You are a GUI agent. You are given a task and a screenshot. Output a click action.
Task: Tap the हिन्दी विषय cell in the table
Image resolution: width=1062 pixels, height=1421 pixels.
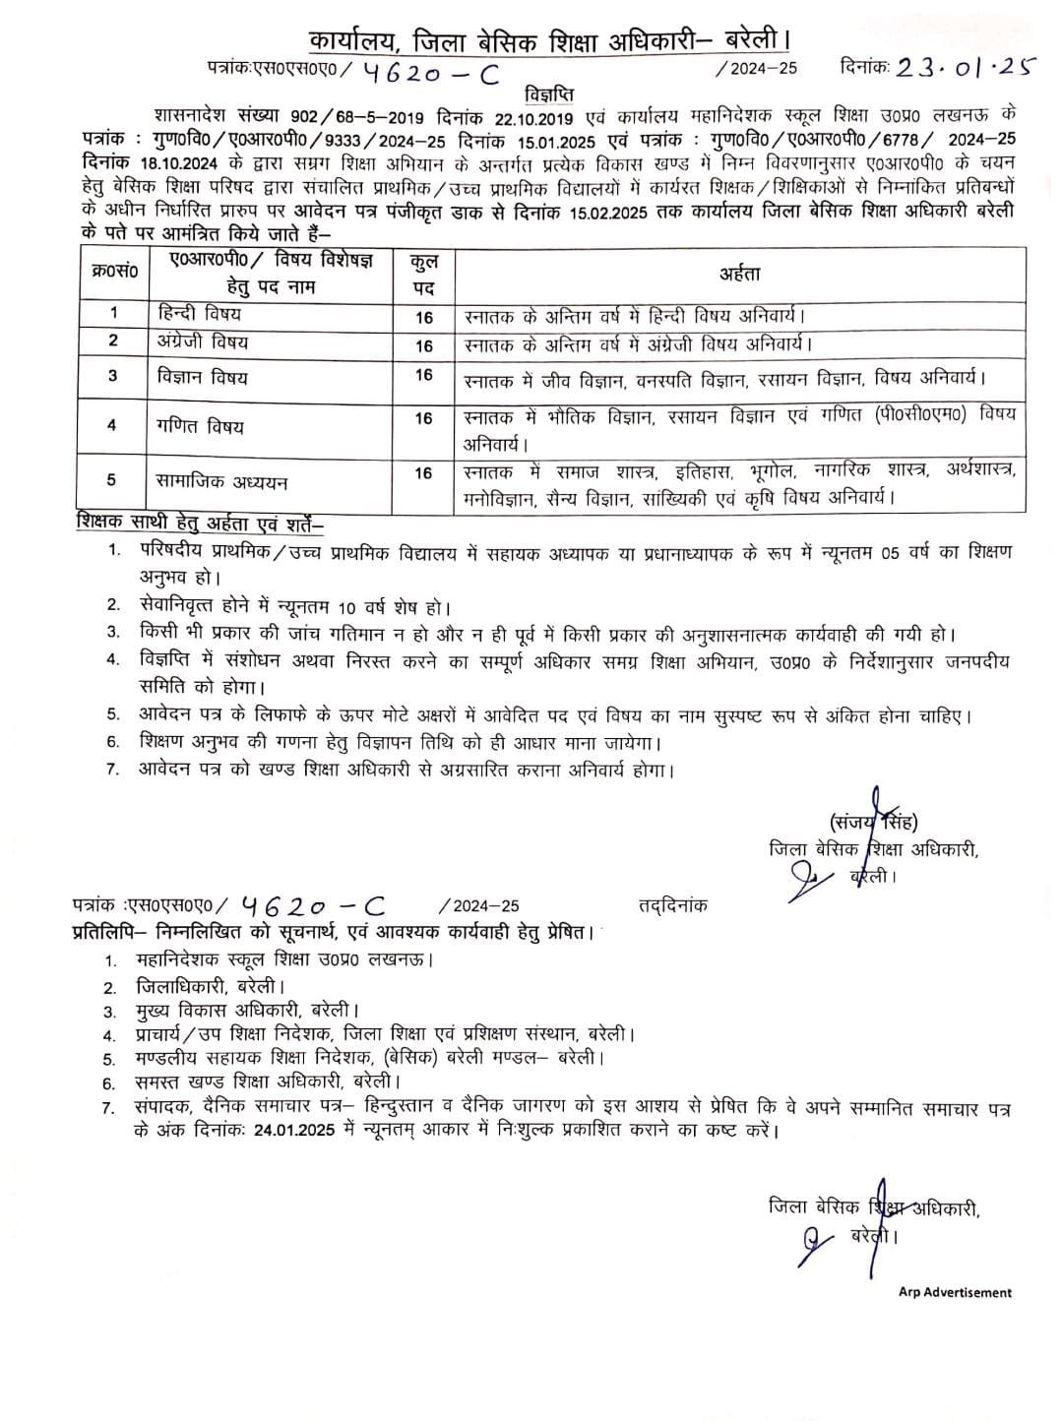click(200, 314)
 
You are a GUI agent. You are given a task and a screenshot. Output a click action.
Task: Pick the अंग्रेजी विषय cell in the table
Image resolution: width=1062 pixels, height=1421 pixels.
click(203, 342)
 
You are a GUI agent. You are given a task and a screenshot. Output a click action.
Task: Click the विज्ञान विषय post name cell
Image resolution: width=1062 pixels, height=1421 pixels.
click(203, 377)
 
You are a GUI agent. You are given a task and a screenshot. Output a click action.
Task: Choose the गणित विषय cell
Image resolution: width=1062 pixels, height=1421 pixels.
click(200, 426)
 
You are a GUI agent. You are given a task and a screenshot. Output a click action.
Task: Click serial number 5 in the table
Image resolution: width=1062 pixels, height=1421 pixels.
click(112, 480)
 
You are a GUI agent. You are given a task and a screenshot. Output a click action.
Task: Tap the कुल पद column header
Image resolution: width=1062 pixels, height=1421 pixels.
click(424, 276)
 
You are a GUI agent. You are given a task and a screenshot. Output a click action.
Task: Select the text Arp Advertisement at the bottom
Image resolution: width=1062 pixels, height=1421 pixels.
click(955, 1292)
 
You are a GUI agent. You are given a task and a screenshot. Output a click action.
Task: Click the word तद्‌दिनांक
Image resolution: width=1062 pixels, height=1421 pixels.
click(672, 905)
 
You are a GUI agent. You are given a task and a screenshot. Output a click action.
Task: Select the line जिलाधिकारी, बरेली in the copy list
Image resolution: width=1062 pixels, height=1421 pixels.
click(210, 985)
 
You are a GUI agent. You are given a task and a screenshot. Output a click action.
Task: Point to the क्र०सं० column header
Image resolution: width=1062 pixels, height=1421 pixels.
click(112, 271)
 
